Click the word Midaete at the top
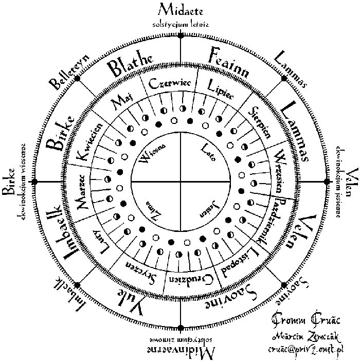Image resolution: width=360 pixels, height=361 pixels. click(x=181, y=9)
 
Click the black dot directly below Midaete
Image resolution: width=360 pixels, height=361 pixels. click(x=181, y=34)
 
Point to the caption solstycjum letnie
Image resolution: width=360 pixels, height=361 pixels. click(x=181, y=24)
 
